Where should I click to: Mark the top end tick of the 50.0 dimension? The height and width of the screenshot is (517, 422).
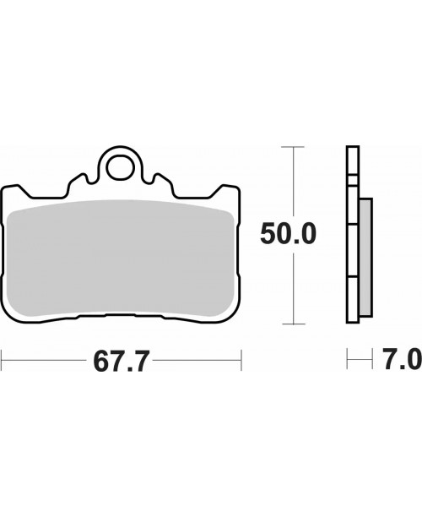coord(293,147)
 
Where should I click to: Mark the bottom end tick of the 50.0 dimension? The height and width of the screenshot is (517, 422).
coord(293,324)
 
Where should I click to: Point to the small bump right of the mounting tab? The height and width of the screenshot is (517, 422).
coord(158,178)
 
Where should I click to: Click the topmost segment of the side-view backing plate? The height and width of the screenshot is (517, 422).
coord(352,161)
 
